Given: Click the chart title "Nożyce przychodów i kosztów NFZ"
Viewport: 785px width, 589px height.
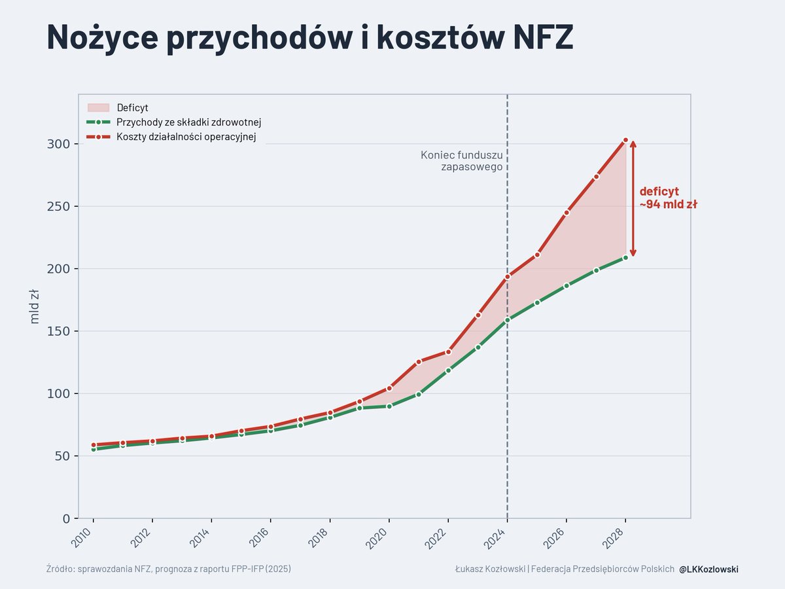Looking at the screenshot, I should (x=309, y=37).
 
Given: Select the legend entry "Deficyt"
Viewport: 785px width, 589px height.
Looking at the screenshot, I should (x=132, y=108).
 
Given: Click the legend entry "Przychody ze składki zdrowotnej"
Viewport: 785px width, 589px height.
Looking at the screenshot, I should (x=189, y=122).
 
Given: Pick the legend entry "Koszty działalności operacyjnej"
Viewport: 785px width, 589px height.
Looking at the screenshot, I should (x=186, y=137).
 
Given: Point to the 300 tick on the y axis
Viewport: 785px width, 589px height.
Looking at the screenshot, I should (x=58, y=144).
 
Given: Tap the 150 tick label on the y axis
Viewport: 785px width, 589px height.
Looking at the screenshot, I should (x=58, y=331).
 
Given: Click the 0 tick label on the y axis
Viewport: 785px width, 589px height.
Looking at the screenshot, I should (x=65, y=519).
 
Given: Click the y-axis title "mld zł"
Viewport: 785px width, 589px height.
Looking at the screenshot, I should (x=35, y=306).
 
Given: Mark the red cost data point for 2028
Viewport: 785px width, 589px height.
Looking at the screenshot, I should (x=625, y=140).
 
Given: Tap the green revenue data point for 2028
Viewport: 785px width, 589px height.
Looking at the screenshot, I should (x=625, y=257).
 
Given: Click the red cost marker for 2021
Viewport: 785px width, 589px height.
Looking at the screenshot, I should (x=419, y=361).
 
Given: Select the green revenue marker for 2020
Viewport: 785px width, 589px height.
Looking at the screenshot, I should (x=389, y=406).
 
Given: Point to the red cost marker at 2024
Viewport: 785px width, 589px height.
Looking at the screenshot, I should (x=507, y=277).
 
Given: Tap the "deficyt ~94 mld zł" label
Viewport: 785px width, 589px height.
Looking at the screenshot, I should (x=667, y=198).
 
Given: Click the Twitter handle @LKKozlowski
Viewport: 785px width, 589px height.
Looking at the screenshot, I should (x=708, y=569).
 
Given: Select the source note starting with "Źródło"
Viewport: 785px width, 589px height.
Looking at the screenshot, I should (x=169, y=569).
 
